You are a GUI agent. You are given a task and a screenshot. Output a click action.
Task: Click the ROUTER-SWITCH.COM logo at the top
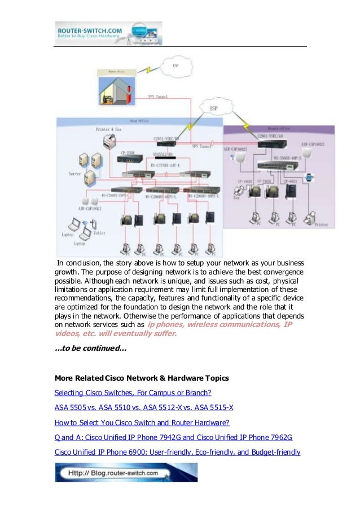pos(108,33)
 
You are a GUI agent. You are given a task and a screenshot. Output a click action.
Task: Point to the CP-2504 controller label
pos(128,152)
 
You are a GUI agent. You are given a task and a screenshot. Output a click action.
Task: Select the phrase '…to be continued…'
pos(90,349)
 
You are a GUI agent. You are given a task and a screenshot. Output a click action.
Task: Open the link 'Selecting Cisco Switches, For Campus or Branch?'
pos(133,393)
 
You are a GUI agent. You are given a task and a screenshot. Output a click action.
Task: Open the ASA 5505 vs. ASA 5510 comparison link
pos(144,407)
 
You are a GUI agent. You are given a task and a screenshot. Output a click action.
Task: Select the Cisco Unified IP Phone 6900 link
pos(177,452)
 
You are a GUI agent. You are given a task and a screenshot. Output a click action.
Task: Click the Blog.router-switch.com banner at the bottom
pos(126,473)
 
